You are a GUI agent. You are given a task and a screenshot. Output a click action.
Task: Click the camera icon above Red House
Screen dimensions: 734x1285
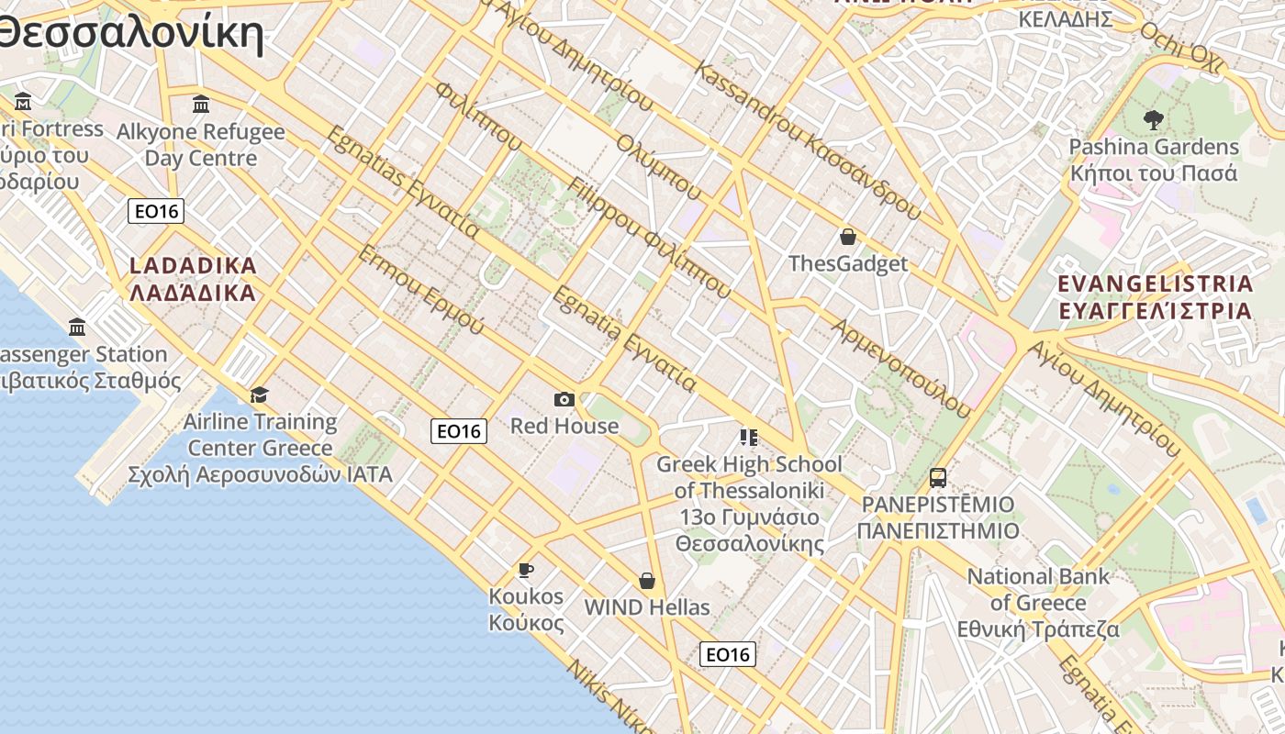click(x=564, y=399)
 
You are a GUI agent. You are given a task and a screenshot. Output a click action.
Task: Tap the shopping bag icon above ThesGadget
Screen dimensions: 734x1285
click(x=848, y=237)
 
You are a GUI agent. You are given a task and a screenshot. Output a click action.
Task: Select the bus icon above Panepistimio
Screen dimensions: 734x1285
click(x=937, y=478)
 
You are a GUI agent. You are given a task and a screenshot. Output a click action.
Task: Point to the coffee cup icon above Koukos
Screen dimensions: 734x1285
click(x=526, y=570)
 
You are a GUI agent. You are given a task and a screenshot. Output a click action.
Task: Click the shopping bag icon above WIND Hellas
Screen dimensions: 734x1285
click(x=647, y=581)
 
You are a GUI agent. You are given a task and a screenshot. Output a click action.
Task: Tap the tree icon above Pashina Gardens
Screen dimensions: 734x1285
click(x=1153, y=118)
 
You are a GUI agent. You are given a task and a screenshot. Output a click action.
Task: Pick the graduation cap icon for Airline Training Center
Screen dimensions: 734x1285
click(x=260, y=395)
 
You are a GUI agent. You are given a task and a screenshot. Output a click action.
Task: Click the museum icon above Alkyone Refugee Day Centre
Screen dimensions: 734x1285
click(x=201, y=103)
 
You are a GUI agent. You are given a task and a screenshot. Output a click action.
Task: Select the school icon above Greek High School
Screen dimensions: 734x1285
click(x=749, y=438)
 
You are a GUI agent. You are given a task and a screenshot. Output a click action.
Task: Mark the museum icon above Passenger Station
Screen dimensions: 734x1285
click(x=77, y=327)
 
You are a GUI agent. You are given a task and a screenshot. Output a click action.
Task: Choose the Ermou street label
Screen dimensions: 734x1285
click(x=421, y=289)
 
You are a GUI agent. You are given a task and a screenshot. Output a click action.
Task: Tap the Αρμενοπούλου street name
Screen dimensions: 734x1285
click(x=900, y=368)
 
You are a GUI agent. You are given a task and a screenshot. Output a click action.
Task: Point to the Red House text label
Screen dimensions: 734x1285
click(x=564, y=426)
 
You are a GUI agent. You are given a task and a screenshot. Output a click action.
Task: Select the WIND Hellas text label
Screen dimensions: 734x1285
click(x=647, y=607)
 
